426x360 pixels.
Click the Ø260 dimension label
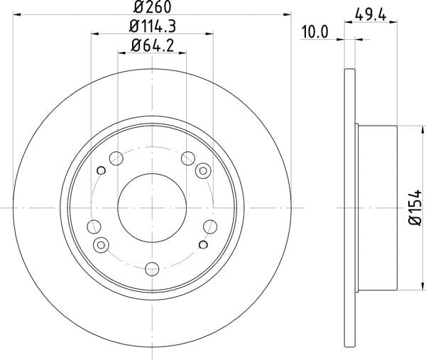click(x=153, y=6)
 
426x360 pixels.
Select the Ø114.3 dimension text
click(x=153, y=26)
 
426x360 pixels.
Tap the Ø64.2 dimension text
click(x=152, y=45)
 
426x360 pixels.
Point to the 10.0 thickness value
click(x=315, y=32)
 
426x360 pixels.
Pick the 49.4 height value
click(x=371, y=15)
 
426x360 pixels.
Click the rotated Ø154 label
click(x=415, y=207)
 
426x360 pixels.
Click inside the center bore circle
click(x=152, y=208)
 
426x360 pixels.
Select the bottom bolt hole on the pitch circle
click(x=152, y=269)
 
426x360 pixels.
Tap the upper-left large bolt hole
click(x=116, y=158)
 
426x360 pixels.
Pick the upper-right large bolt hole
click(x=188, y=158)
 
